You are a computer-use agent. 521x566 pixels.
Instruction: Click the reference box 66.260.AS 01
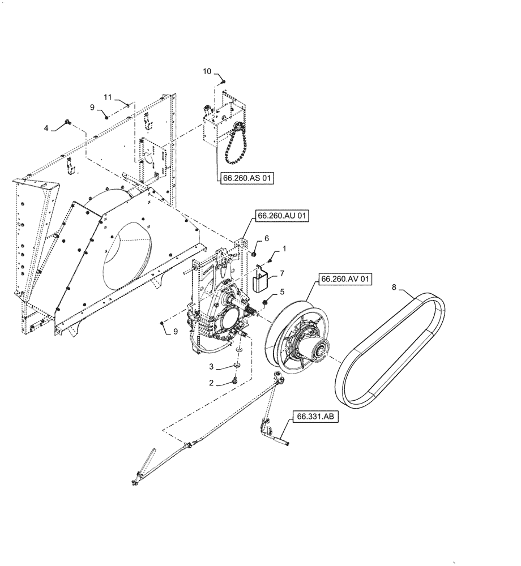pos(247,179)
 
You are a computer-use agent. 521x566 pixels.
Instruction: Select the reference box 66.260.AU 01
pos(283,216)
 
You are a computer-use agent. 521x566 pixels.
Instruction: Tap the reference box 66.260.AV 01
pos(346,279)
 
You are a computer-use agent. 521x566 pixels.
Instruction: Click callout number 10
pos(207,71)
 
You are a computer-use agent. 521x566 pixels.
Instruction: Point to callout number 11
pos(108,97)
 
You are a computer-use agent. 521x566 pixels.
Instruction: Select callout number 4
pos(47,128)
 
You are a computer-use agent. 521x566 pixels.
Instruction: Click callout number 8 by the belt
pos(394,288)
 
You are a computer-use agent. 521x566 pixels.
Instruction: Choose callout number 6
pos(267,239)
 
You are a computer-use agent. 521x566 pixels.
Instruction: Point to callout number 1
pos(284,248)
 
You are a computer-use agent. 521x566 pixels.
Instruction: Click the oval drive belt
pos(391,351)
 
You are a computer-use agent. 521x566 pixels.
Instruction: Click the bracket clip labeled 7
pos(260,278)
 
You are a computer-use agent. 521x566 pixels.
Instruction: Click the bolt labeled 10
pos(223,82)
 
